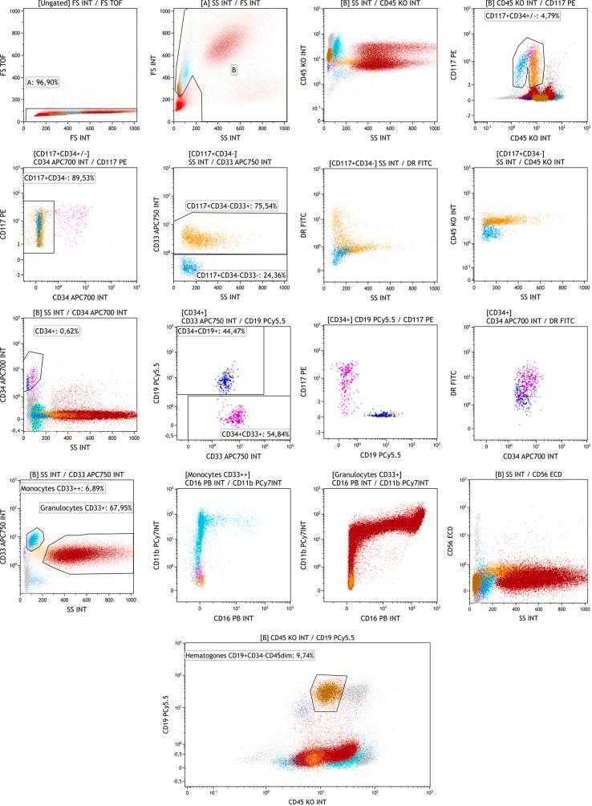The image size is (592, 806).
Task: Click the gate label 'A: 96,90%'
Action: coord(47,81)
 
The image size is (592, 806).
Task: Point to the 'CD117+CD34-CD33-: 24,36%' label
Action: coord(241,275)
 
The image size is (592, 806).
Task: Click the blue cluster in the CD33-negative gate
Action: coord(190,266)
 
